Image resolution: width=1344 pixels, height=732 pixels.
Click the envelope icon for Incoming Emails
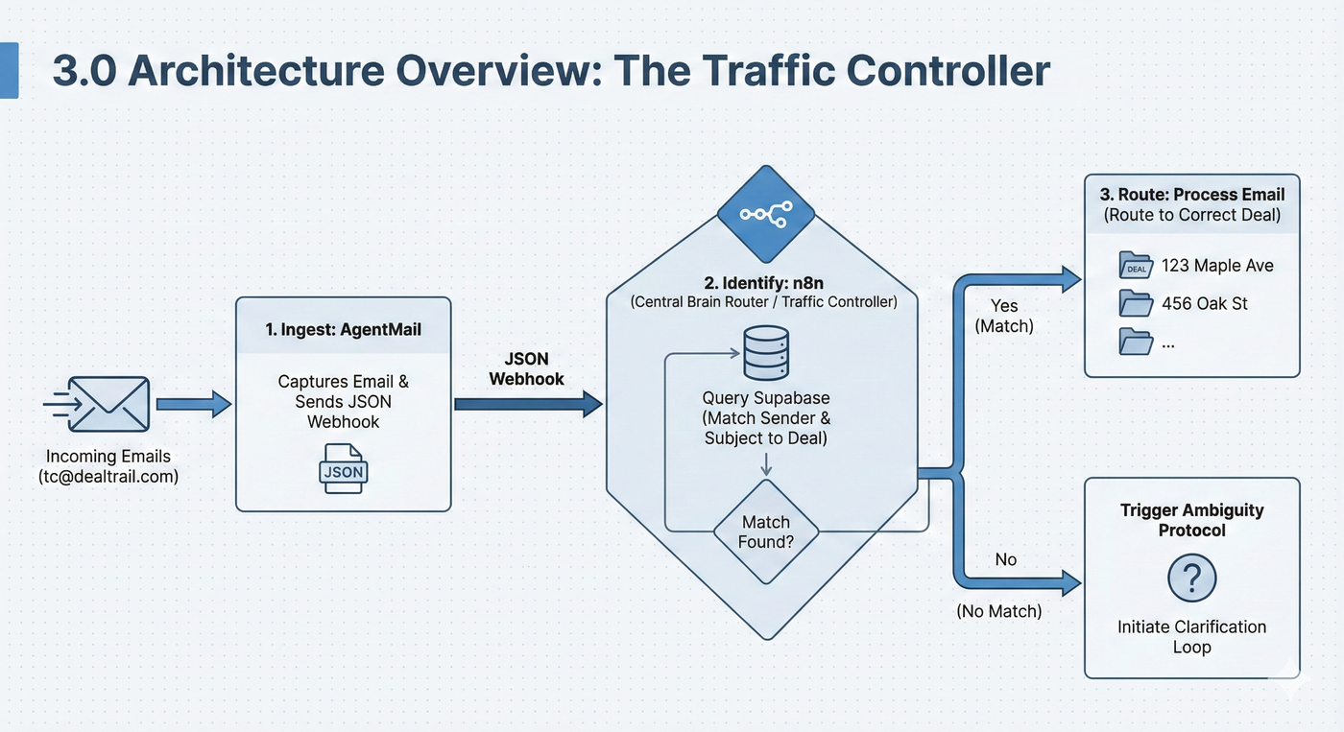(113, 404)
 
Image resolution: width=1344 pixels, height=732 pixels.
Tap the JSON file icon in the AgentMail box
(343, 468)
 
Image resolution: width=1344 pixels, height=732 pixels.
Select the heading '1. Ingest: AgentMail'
(343, 329)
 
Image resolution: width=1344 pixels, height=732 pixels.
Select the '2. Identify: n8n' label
(763, 284)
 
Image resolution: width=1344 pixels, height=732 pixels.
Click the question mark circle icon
(1191, 579)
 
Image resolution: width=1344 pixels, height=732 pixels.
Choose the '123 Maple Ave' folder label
(1217, 266)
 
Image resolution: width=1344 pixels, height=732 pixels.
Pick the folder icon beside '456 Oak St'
(1137, 304)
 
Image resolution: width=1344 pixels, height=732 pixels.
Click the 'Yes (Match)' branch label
(1004, 315)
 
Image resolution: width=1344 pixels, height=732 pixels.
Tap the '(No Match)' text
(999, 610)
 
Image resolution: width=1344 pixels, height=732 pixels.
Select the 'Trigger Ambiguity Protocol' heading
(1191, 520)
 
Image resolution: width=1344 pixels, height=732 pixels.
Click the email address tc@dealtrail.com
(108, 476)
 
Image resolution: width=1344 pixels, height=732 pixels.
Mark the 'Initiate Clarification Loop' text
(1191, 637)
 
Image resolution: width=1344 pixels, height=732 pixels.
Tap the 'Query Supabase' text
(765, 397)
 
